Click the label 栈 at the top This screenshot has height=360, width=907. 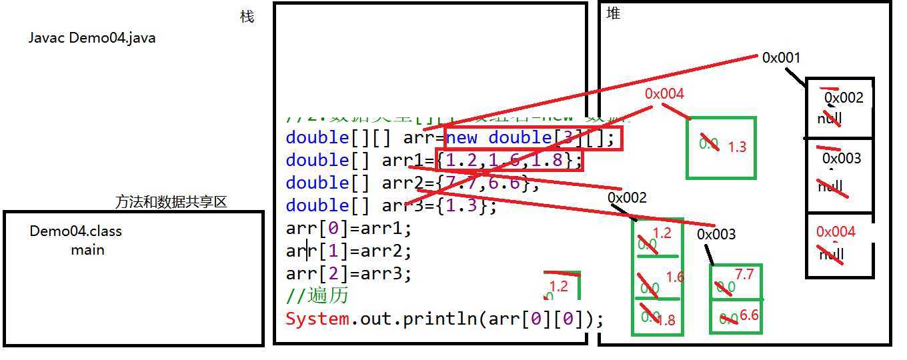247,17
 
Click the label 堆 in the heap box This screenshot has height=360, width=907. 613,13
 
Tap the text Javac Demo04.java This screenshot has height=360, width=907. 92,38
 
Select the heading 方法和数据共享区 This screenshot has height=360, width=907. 171,201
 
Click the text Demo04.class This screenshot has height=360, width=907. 75,231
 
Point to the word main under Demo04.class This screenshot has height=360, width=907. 87,250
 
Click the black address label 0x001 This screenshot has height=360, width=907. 781,58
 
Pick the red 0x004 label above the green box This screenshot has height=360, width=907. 664,94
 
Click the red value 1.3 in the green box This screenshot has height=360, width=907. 737,147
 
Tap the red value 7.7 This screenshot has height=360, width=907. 744,275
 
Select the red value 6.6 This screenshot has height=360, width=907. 749,315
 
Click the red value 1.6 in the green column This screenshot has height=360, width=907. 675,277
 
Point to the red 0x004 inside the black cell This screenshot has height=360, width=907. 836,232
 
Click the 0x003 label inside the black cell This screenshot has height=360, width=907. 841,159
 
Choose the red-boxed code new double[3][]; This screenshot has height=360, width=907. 534,138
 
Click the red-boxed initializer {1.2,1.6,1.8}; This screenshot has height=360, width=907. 510,161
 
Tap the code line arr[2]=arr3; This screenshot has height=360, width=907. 349,273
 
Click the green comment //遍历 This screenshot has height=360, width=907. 317,295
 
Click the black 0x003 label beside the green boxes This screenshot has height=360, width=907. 716,235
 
